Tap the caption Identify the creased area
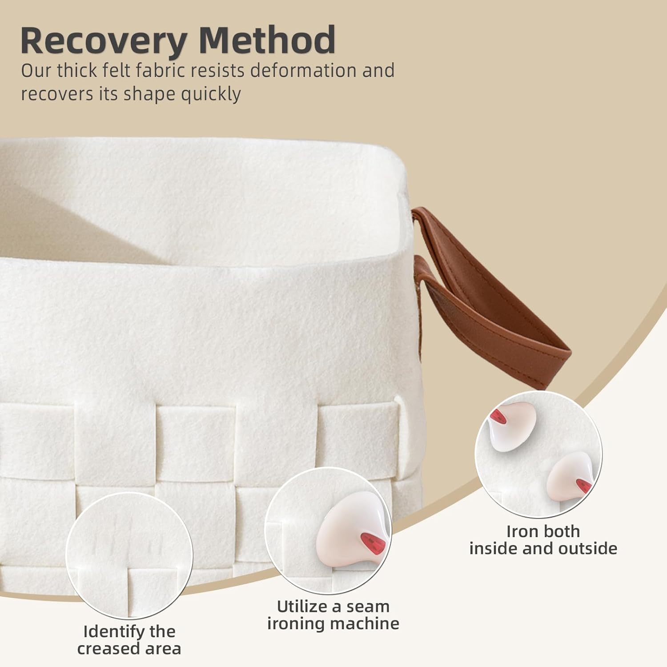coord(129,640)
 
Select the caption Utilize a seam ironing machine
coord(333,615)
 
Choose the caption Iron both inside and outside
coord(543,540)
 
